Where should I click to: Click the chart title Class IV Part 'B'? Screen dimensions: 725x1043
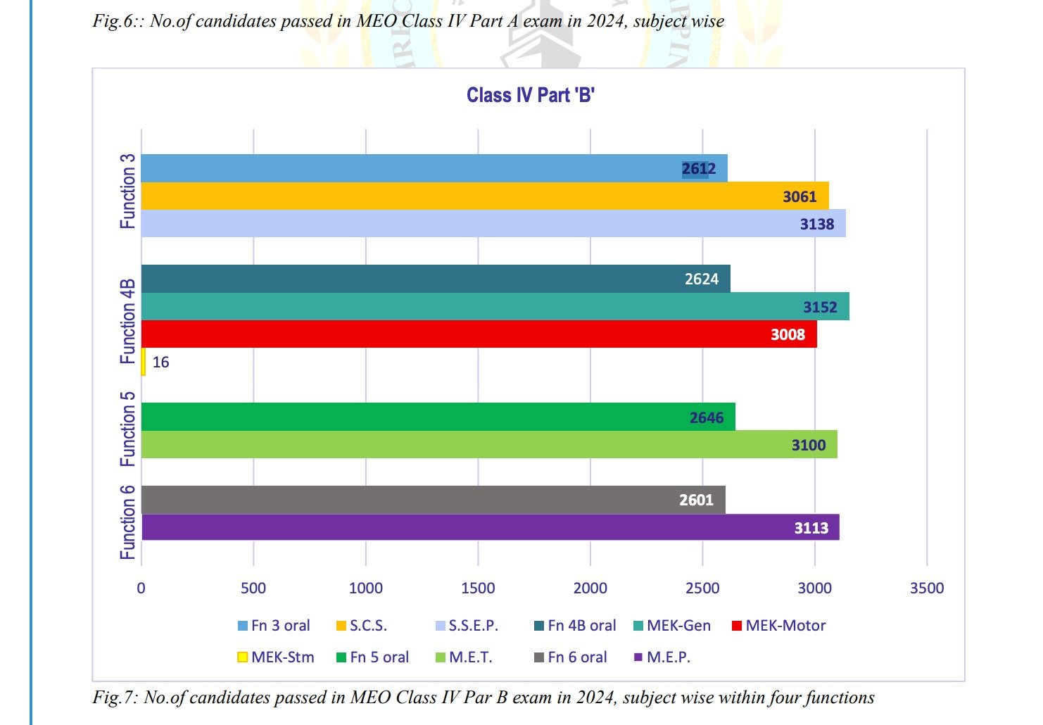click(531, 95)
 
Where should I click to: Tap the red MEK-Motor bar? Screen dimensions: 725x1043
click(479, 334)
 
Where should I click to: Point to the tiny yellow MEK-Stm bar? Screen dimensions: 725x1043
click(144, 362)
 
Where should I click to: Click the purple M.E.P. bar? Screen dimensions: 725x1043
click(490, 528)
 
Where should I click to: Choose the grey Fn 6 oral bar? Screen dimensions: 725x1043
click(433, 500)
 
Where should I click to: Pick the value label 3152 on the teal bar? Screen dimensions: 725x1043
click(820, 307)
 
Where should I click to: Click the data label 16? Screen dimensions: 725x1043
click(160, 362)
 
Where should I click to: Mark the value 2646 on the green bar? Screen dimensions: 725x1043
click(707, 417)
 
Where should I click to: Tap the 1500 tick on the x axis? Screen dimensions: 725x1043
click(478, 588)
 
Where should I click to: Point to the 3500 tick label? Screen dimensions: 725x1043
click(926, 588)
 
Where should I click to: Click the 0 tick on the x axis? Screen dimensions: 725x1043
click(141, 588)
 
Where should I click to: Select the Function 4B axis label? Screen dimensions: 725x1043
click(127, 321)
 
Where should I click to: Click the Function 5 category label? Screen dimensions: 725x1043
click(127, 429)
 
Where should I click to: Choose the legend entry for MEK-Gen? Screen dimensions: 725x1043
click(672, 626)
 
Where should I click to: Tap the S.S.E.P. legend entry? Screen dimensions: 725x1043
click(467, 626)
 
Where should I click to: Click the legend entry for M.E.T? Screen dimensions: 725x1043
click(464, 657)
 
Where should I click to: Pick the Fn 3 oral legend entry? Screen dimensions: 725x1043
click(274, 626)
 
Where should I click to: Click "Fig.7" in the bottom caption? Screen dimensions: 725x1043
click(113, 698)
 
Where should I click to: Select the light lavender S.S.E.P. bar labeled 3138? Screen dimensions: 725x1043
click(493, 224)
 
